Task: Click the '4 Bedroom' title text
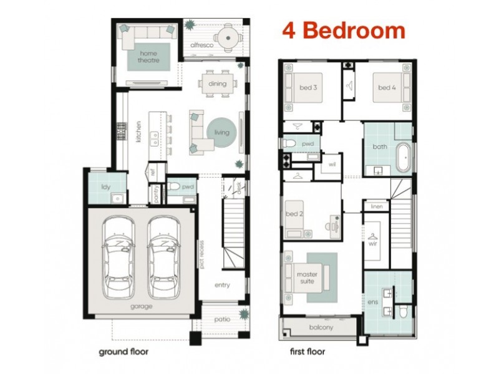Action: coord(344,30)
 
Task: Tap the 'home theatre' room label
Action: coord(149,57)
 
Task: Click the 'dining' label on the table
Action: coord(217,84)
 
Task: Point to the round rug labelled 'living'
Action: coord(221,133)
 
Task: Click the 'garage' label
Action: coord(142,307)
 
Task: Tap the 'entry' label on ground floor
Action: coord(222,285)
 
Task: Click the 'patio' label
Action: coord(222,320)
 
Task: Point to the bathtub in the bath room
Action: coord(404,158)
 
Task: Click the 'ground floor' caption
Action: coord(124,352)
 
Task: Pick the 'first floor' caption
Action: coord(308,352)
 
